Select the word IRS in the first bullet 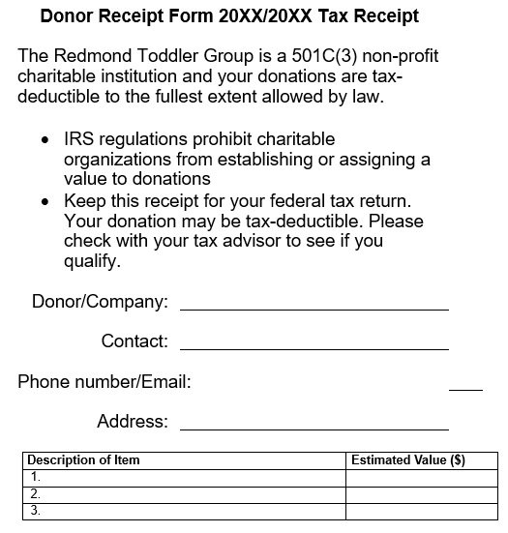coord(81,140)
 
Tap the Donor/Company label coord(100,301)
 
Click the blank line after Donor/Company coord(314,308)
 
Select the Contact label coord(134,341)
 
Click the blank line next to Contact coord(314,347)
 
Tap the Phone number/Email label coord(105,381)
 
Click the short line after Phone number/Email coord(465,389)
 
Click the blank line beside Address coord(314,428)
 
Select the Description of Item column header coord(83,460)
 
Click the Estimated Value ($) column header coord(407,460)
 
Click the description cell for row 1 coord(184,477)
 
